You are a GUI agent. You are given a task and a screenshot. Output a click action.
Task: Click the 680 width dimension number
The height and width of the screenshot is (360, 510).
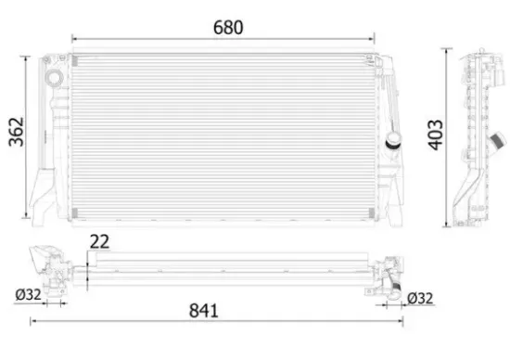point(228,27)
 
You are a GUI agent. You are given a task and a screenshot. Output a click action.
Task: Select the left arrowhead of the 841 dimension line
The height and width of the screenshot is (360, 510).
point(33,321)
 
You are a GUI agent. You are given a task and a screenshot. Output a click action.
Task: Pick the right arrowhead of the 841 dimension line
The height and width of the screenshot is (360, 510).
point(406,321)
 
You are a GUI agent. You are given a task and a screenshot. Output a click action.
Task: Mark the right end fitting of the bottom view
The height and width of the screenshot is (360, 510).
point(389,270)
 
